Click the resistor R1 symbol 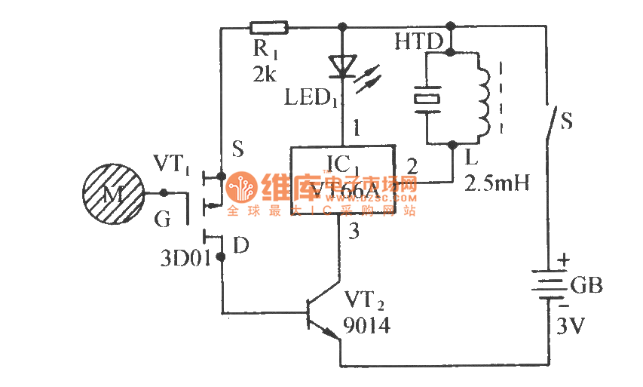[268, 28]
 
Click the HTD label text [418, 42]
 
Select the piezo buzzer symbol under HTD [427, 99]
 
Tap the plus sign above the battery [564, 261]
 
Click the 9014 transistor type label [368, 325]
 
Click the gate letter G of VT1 [163, 220]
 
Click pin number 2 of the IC [412, 164]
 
